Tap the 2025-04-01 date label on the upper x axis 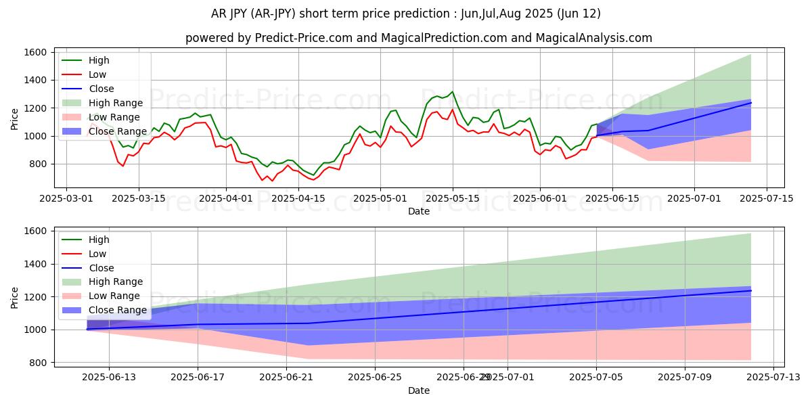click(225, 198)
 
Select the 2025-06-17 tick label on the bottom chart click(198, 377)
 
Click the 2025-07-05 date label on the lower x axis click(596, 377)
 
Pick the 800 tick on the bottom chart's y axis click(38, 363)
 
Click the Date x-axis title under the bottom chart click(419, 390)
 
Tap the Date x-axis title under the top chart click(419, 211)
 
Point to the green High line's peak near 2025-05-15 click(453, 92)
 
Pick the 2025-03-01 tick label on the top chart click(66, 198)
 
